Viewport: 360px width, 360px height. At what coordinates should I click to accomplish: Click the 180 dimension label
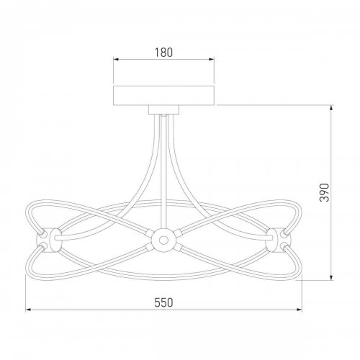[x=163, y=53]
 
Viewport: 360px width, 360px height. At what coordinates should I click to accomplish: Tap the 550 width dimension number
[x=163, y=302]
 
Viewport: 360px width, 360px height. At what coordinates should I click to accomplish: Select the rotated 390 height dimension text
[x=324, y=193]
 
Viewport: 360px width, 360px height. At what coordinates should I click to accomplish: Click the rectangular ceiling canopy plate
[x=163, y=95]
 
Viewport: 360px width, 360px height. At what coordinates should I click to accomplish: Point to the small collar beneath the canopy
[x=163, y=109]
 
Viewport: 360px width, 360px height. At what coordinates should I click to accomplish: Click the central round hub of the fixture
[x=163, y=240]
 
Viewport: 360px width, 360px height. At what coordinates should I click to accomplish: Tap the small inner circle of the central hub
[x=163, y=240]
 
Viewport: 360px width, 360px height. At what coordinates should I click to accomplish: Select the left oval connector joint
[x=55, y=240]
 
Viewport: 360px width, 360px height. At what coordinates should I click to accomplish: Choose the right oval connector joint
[x=271, y=240]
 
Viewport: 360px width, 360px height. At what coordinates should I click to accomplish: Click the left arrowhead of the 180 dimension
[x=116, y=59]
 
